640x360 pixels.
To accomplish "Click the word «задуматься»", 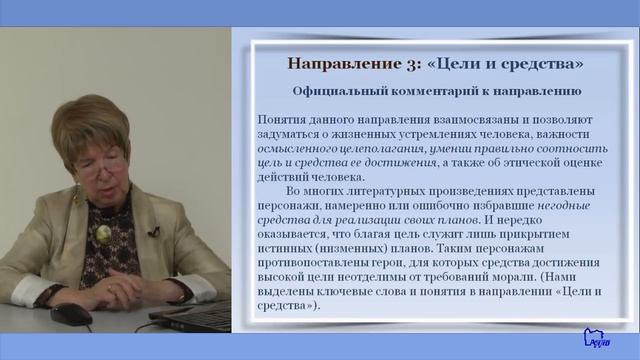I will [291, 133].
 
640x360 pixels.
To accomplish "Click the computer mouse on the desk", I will [71, 313].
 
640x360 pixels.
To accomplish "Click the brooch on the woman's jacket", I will [103, 235].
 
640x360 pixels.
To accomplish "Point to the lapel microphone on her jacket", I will [153, 232].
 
